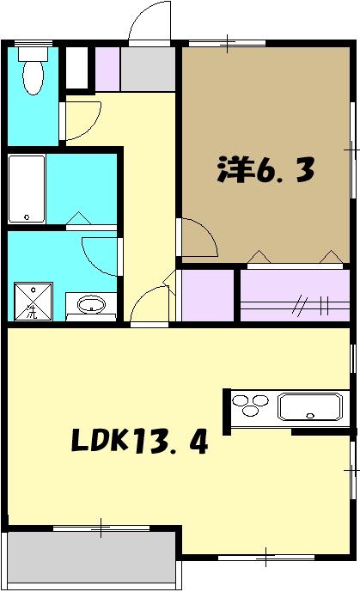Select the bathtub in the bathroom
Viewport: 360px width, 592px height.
pos(26,189)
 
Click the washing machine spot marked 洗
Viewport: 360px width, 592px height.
pos(31,301)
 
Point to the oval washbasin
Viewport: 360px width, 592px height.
pos(90,304)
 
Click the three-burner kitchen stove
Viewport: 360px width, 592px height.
pos(253,406)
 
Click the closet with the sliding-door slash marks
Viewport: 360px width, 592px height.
pos(296,296)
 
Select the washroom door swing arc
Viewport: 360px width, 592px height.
pos(99,253)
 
